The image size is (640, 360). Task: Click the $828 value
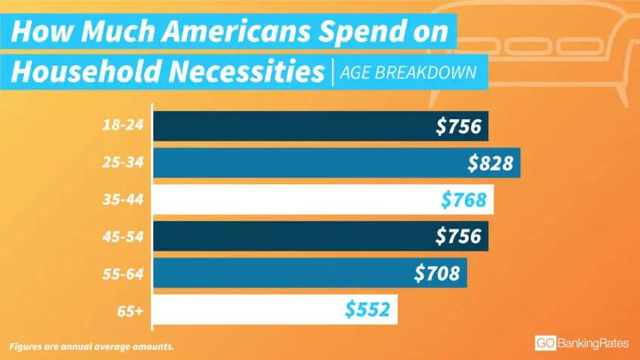[x=491, y=162]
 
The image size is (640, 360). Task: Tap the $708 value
[x=437, y=272]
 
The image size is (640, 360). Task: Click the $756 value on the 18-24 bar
[x=458, y=126]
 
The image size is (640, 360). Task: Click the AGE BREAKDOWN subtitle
[x=408, y=73]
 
